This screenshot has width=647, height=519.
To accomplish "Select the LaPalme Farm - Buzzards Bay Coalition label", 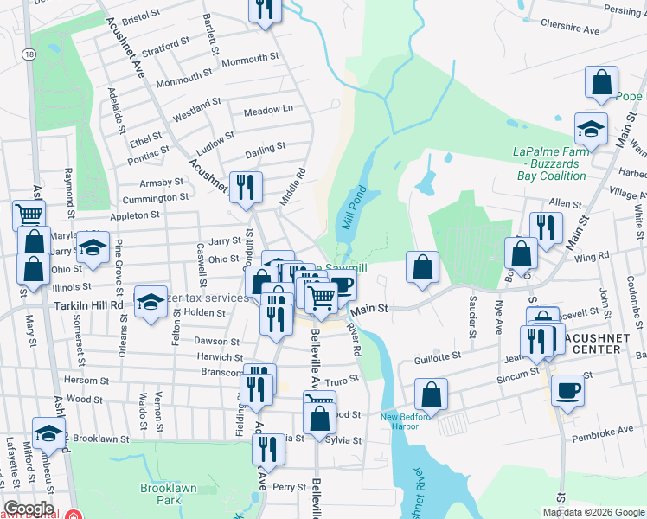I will click(x=549, y=163).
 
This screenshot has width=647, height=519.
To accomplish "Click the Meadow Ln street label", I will click(x=268, y=111).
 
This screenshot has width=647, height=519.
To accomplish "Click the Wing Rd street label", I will click(x=592, y=256).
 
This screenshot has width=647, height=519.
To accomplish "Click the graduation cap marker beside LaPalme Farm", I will click(x=592, y=129).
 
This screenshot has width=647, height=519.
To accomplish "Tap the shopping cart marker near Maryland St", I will click(x=29, y=215).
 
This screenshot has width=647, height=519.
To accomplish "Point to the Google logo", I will click(x=29, y=508).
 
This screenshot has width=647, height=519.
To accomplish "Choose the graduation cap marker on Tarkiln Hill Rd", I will click(x=151, y=302).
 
